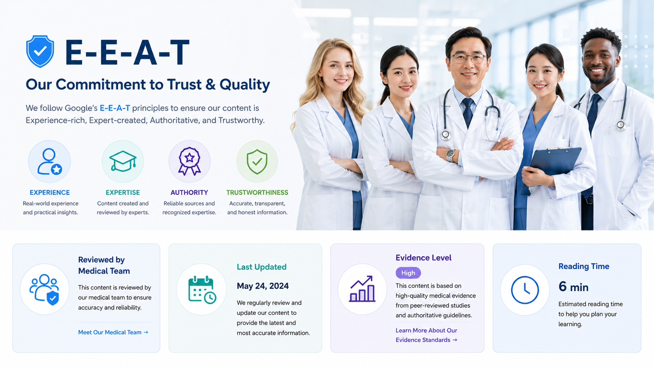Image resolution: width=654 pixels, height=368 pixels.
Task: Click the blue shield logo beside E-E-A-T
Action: click(x=40, y=52)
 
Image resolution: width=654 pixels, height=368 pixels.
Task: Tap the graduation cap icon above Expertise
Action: click(x=123, y=161)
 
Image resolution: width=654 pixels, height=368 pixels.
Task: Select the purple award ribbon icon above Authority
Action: click(x=190, y=161)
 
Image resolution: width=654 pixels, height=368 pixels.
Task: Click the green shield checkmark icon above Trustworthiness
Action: click(x=257, y=162)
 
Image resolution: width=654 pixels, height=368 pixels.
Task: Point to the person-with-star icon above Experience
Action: click(x=49, y=162)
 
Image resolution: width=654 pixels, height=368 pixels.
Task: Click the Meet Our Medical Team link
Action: click(x=113, y=332)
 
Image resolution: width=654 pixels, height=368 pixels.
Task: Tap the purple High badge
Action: click(x=408, y=273)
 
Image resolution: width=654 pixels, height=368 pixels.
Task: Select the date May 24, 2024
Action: click(x=262, y=286)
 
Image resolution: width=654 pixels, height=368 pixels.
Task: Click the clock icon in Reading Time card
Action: click(x=525, y=290)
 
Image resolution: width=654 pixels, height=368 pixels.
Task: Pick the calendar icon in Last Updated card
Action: click(x=202, y=289)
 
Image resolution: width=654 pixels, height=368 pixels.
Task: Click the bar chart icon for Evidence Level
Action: click(x=362, y=289)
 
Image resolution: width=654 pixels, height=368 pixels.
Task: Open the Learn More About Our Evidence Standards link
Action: click(x=426, y=335)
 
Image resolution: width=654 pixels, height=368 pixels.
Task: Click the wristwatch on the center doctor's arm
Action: click(x=450, y=155)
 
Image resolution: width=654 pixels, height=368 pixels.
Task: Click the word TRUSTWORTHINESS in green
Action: click(x=257, y=193)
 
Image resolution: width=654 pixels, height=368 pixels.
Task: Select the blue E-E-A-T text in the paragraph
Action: click(x=115, y=108)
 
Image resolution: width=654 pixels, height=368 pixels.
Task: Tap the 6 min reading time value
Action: click(x=573, y=287)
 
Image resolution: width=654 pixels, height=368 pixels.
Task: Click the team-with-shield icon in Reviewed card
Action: click(x=45, y=289)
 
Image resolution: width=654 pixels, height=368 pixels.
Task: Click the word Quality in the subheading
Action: click(x=245, y=85)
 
